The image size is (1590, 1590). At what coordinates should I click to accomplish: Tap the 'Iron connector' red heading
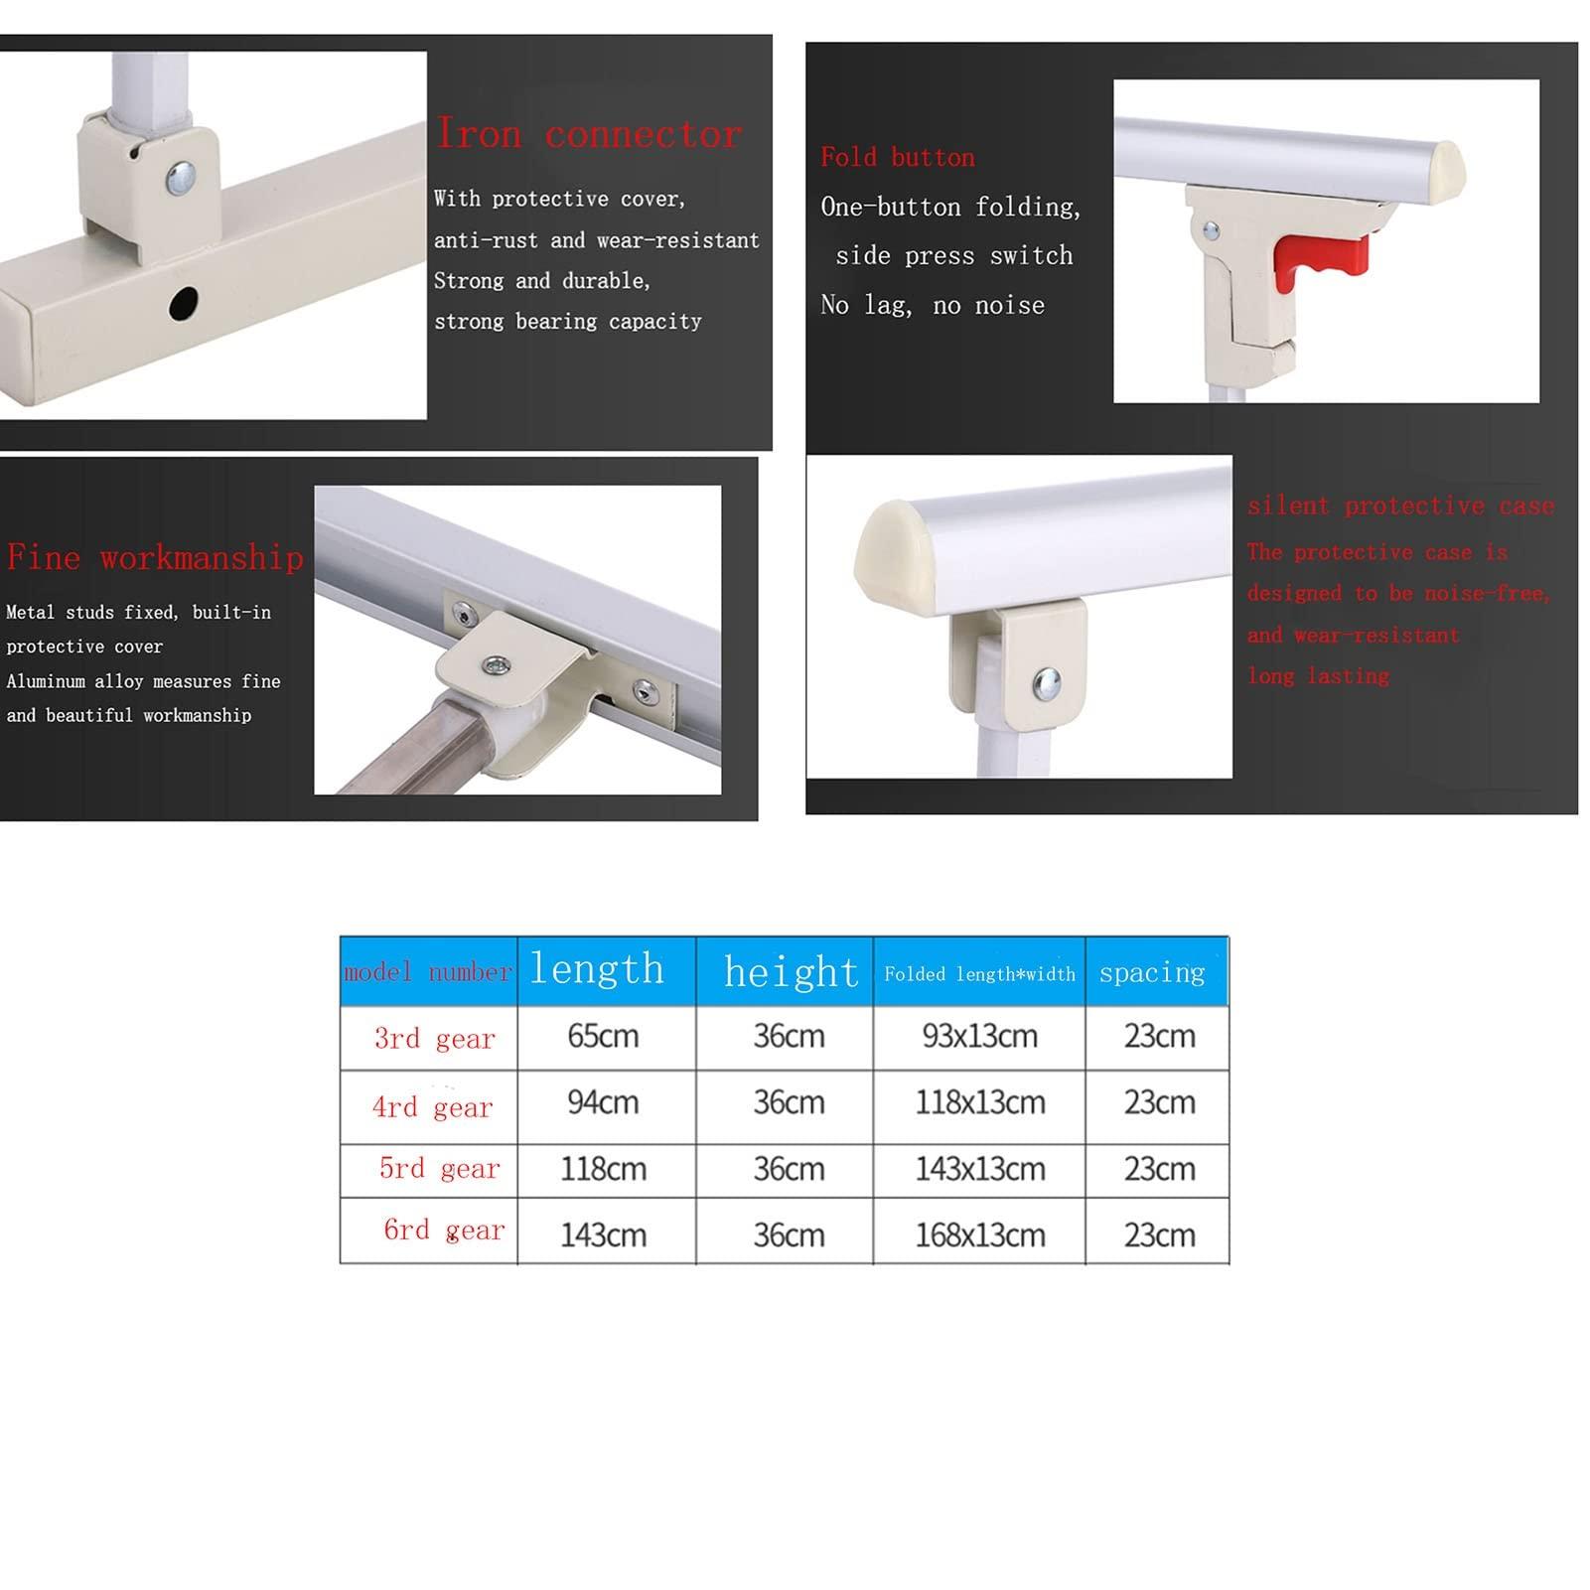tap(589, 133)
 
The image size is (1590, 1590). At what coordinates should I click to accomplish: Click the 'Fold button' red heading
tap(898, 157)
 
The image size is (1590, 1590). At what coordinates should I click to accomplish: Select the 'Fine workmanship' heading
tap(155, 557)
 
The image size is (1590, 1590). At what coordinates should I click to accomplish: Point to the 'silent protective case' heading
tap(1400, 506)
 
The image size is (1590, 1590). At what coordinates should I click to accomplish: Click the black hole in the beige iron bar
tap(184, 303)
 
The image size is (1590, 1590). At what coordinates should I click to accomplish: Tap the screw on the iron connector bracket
tap(181, 178)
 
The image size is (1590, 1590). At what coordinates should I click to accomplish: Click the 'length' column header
tap(597, 969)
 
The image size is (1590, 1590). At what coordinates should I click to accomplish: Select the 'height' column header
tap(791, 971)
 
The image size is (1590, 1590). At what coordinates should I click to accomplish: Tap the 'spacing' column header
tap(1152, 972)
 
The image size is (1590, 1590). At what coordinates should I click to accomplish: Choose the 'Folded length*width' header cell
tap(979, 974)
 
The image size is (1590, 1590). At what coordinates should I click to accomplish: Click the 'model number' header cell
tap(428, 972)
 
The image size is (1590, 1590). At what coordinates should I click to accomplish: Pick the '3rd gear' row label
tap(434, 1039)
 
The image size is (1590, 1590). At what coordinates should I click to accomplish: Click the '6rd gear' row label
tap(444, 1230)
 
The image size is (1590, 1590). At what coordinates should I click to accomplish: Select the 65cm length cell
tap(603, 1037)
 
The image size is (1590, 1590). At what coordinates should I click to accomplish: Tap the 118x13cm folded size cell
tap(979, 1102)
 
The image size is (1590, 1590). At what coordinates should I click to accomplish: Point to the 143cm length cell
tap(603, 1234)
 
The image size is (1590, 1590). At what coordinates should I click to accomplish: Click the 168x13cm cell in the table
tap(979, 1234)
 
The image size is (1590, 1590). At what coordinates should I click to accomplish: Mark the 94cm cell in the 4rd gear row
tap(603, 1102)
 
